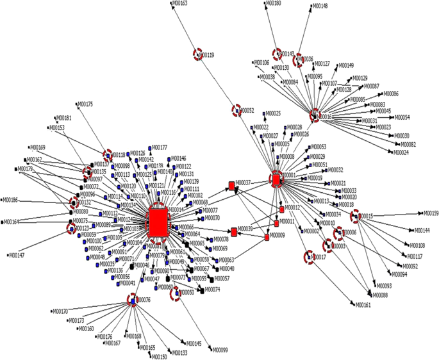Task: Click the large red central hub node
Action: (158, 222)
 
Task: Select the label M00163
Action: (180, 4)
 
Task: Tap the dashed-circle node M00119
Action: (199, 55)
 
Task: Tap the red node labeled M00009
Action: (267, 237)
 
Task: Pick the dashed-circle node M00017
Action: (309, 257)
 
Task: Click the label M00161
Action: (363, 305)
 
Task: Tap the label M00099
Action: (220, 350)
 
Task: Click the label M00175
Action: (85, 104)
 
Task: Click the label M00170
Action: (60, 311)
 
